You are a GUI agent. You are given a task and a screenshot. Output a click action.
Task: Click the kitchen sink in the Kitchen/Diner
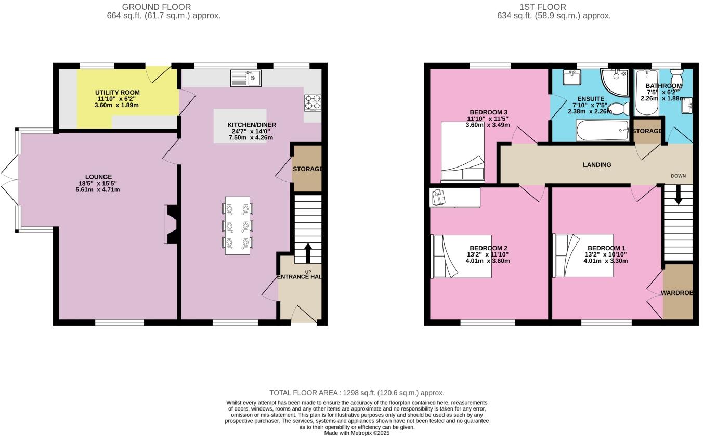246,78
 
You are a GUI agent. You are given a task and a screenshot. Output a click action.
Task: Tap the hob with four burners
312,103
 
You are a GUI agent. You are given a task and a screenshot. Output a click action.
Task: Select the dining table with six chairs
237,225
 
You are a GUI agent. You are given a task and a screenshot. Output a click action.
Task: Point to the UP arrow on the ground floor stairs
307,253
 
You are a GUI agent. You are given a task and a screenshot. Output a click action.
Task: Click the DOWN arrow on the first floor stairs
678,196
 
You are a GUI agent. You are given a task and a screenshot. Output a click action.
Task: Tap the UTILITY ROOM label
117,93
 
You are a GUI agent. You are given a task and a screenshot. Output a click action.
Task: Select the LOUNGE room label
99,177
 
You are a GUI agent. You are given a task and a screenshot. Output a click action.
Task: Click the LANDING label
596,165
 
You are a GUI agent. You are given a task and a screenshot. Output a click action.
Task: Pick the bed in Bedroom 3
462,151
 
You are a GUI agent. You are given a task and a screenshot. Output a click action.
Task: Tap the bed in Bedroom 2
461,257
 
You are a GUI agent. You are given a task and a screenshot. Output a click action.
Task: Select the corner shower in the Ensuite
614,82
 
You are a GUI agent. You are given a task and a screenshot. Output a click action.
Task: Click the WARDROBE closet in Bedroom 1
678,292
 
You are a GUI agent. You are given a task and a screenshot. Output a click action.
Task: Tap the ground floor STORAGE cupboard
306,169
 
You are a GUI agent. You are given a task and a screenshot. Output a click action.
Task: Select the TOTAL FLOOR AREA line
357,393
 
